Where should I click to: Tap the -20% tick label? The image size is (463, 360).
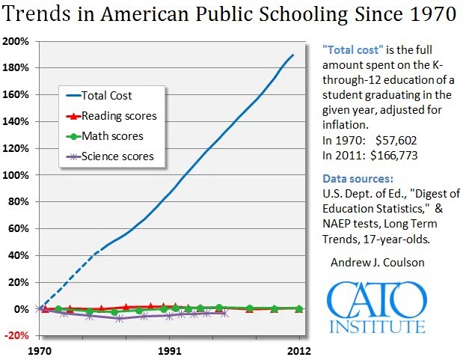(16, 335)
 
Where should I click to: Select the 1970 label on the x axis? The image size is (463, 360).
(40, 350)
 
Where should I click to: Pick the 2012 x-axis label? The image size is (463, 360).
(299, 350)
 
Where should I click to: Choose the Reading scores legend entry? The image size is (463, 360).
(119, 116)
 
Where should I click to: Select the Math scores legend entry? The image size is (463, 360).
(112, 136)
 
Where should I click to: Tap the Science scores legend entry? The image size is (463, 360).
(117, 156)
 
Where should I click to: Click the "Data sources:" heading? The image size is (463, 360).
(358, 180)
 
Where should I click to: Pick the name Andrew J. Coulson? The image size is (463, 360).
(377, 262)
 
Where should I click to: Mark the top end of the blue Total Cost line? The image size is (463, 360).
(292, 55)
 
